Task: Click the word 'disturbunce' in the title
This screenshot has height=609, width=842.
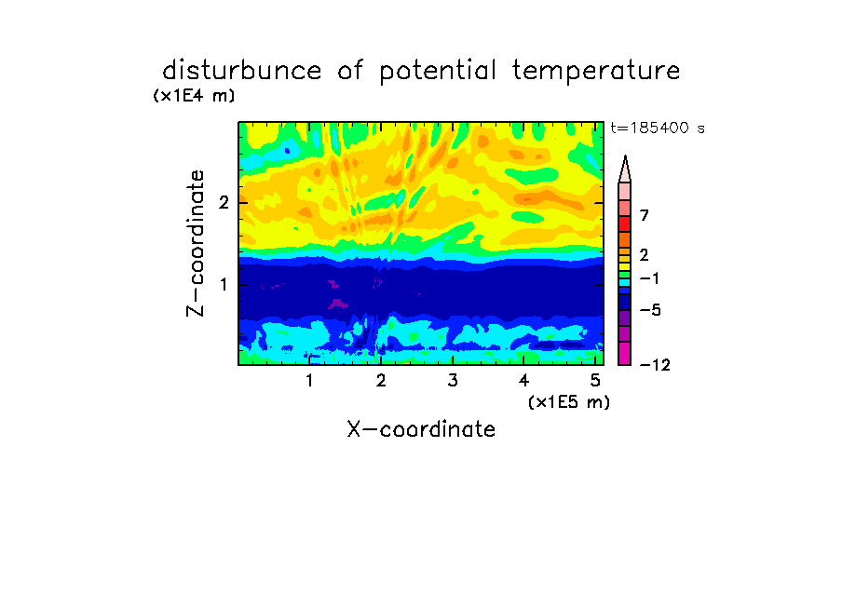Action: (242, 71)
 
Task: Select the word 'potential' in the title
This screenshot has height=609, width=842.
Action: (438, 72)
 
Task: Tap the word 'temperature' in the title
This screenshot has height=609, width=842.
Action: (596, 72)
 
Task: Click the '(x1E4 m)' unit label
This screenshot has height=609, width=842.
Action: (194, 96)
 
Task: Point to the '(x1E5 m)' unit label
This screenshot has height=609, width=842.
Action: (569, 401)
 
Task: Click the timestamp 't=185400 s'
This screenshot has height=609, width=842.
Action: (658, 128)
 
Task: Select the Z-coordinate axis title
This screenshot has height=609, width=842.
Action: (196, 243)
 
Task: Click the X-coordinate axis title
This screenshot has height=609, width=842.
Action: (421, 429)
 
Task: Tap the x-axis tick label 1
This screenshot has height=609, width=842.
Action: (309, 381)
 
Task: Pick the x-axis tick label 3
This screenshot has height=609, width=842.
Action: (453, 381)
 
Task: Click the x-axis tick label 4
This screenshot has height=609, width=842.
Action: (524, 381)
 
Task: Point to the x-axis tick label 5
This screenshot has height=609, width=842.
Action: (595, 381)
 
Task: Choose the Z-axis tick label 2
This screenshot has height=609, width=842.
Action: (224, 202)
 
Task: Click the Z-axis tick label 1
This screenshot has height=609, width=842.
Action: (224, 284)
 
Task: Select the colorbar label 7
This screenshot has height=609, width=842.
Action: (645, 216)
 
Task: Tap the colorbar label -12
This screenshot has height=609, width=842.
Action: (655, 365)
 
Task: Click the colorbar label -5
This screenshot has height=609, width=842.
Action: (650, 310)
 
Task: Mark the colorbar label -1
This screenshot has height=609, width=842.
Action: (649, 278)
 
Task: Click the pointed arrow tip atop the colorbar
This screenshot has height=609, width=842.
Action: (625, 156)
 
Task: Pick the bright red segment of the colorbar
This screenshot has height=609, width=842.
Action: (625, 223)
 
